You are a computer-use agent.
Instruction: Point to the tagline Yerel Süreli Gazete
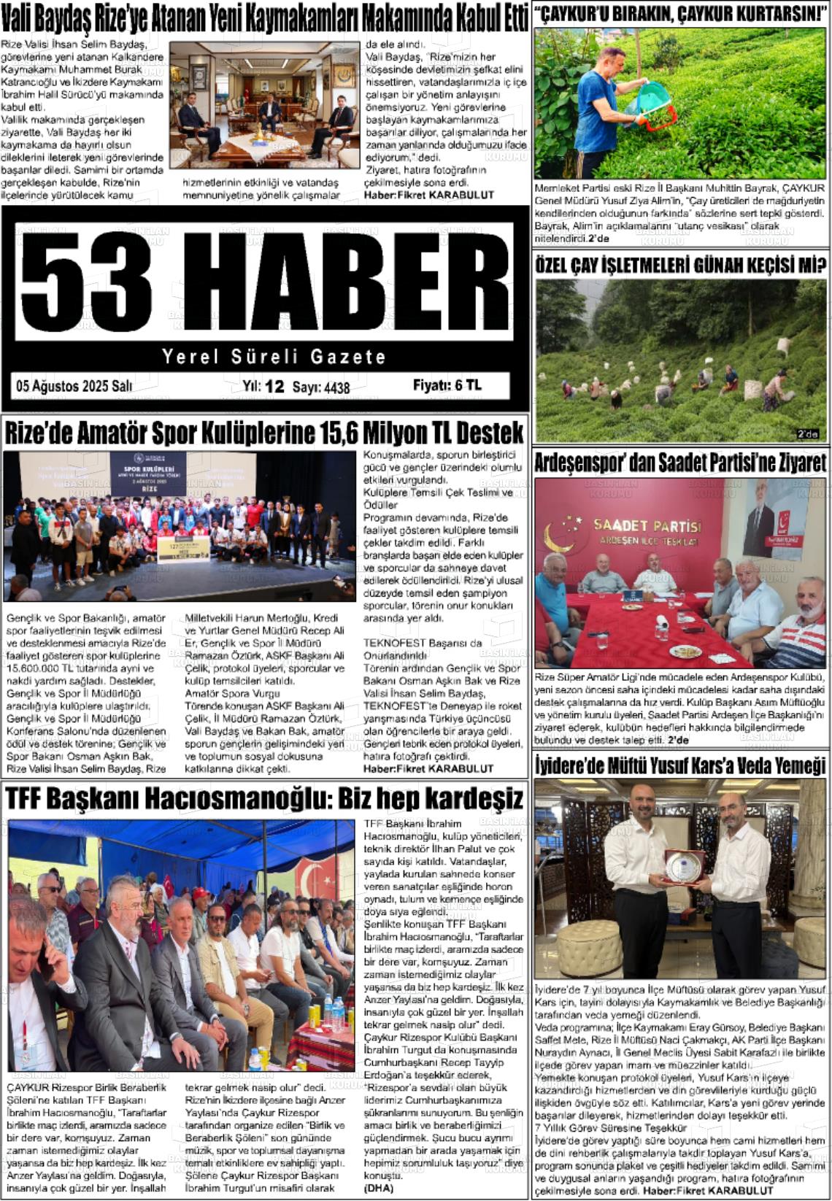274,357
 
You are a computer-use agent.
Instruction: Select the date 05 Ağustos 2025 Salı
74,387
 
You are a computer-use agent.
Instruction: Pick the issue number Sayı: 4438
321,388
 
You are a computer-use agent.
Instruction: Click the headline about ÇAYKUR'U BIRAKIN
680,14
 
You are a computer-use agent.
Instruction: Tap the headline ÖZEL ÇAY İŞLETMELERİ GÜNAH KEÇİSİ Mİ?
680,265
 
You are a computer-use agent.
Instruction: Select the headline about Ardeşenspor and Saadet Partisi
680,463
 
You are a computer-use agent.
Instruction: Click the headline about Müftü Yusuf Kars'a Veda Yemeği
680,765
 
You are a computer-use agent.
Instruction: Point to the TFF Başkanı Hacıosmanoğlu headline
264,798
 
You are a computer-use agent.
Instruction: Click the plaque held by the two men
683,866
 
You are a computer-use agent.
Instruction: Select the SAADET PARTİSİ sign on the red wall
647,527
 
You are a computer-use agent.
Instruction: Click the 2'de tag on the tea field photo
807,434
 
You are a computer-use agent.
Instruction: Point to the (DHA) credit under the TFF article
378,1188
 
